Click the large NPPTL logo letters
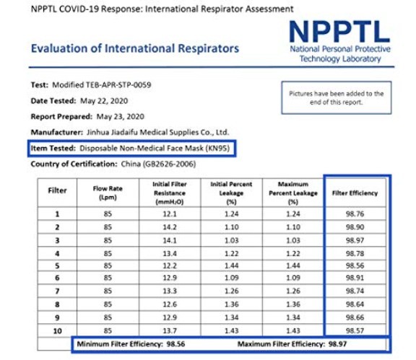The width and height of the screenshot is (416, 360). point(339,32)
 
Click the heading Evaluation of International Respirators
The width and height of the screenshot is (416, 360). point(135,48)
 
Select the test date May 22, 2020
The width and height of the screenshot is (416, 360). point(104,101)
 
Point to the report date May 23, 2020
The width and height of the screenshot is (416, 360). point(120,117)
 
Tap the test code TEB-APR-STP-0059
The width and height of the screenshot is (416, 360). point(118,85)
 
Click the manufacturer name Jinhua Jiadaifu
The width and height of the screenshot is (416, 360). point(112,132)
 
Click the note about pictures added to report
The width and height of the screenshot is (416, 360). point(336,98)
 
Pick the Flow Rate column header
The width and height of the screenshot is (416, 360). point(108,193)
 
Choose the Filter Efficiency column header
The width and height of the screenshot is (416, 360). point(355,193)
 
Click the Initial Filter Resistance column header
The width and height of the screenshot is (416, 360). point(170,193)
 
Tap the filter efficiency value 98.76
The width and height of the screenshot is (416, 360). point(355,214)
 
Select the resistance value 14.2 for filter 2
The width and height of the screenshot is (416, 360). point(170,227)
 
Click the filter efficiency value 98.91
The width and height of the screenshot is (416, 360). point(355,278)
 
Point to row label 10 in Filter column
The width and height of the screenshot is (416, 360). point(57,331)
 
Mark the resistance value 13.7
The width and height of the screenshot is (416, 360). point(170,331)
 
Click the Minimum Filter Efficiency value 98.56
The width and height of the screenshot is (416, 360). point(175,344)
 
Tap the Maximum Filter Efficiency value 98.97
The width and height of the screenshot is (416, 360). point(337,344)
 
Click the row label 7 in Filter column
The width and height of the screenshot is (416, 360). point(57,291)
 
